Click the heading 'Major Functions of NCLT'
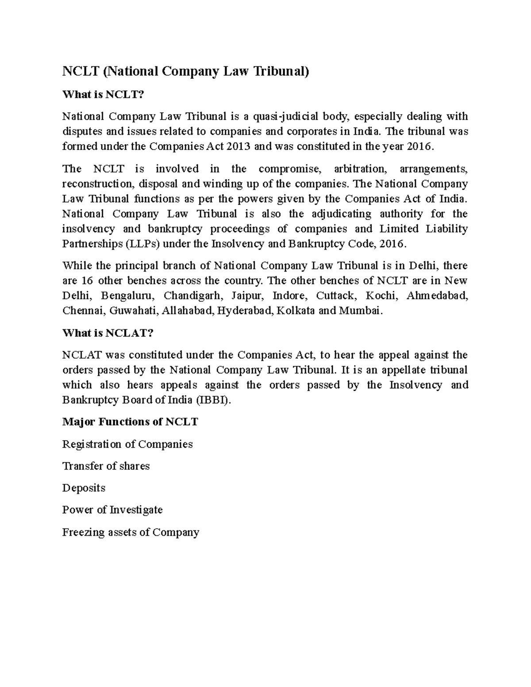pyautogui.click(x=130, y=422)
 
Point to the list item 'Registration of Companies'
pyautogui.click(x=127, y=444)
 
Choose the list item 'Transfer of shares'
pyautogui.click(x=106, y=466)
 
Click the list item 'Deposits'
pyautogui.click(x=84, y=488)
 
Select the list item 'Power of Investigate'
pyautogui.click(x=112, y=510)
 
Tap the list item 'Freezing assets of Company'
pyautogui.click(x=131, y=532)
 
